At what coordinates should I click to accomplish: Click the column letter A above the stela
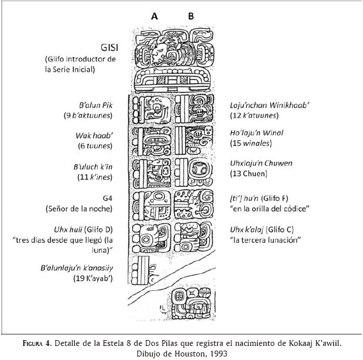coord(155,16)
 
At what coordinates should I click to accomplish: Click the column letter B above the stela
coord(191,16)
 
